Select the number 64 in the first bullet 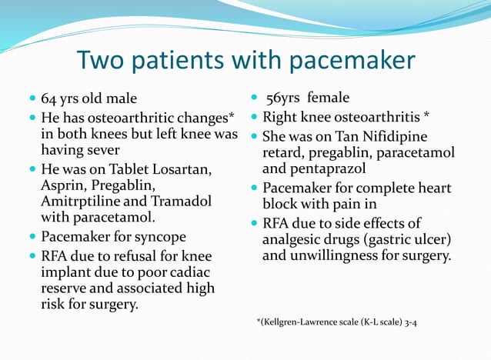tap(48, 99)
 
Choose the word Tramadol tap(188, 202)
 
